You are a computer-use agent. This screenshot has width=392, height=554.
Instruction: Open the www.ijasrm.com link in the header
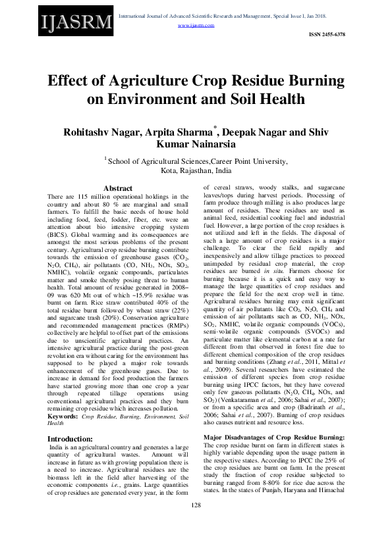tap(196, 25)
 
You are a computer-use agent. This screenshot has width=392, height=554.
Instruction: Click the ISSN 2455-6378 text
tap(326, 33)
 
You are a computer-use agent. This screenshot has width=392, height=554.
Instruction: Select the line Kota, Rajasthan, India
tap(196, 169)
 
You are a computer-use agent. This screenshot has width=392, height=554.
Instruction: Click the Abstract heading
tap(118, 188)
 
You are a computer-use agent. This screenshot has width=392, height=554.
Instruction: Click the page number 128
tap(196, 523)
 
